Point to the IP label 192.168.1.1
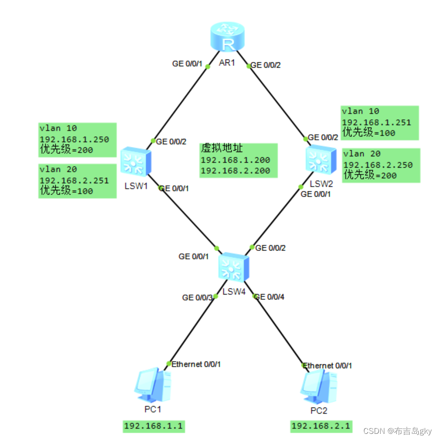click(x=153, y=426)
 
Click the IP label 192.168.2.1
click(x=321, y=426)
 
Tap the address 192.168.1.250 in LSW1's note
click(x=74, y=139)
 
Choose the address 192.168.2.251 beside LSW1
click(x=74, y=181)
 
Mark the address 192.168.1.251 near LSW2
click(x=377, y=122)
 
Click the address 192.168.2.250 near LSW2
click(x=378, y=164)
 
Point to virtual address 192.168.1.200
click(x=235, y=160)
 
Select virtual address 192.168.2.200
click(x=235, y=171)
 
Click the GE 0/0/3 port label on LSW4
click(x=197, y=298)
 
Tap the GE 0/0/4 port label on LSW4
click(x=269, y=297)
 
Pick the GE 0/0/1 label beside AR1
click(x=187, y=64)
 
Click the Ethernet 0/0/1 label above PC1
click(x=196, y=364)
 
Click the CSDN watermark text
click(x=397, y=431)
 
